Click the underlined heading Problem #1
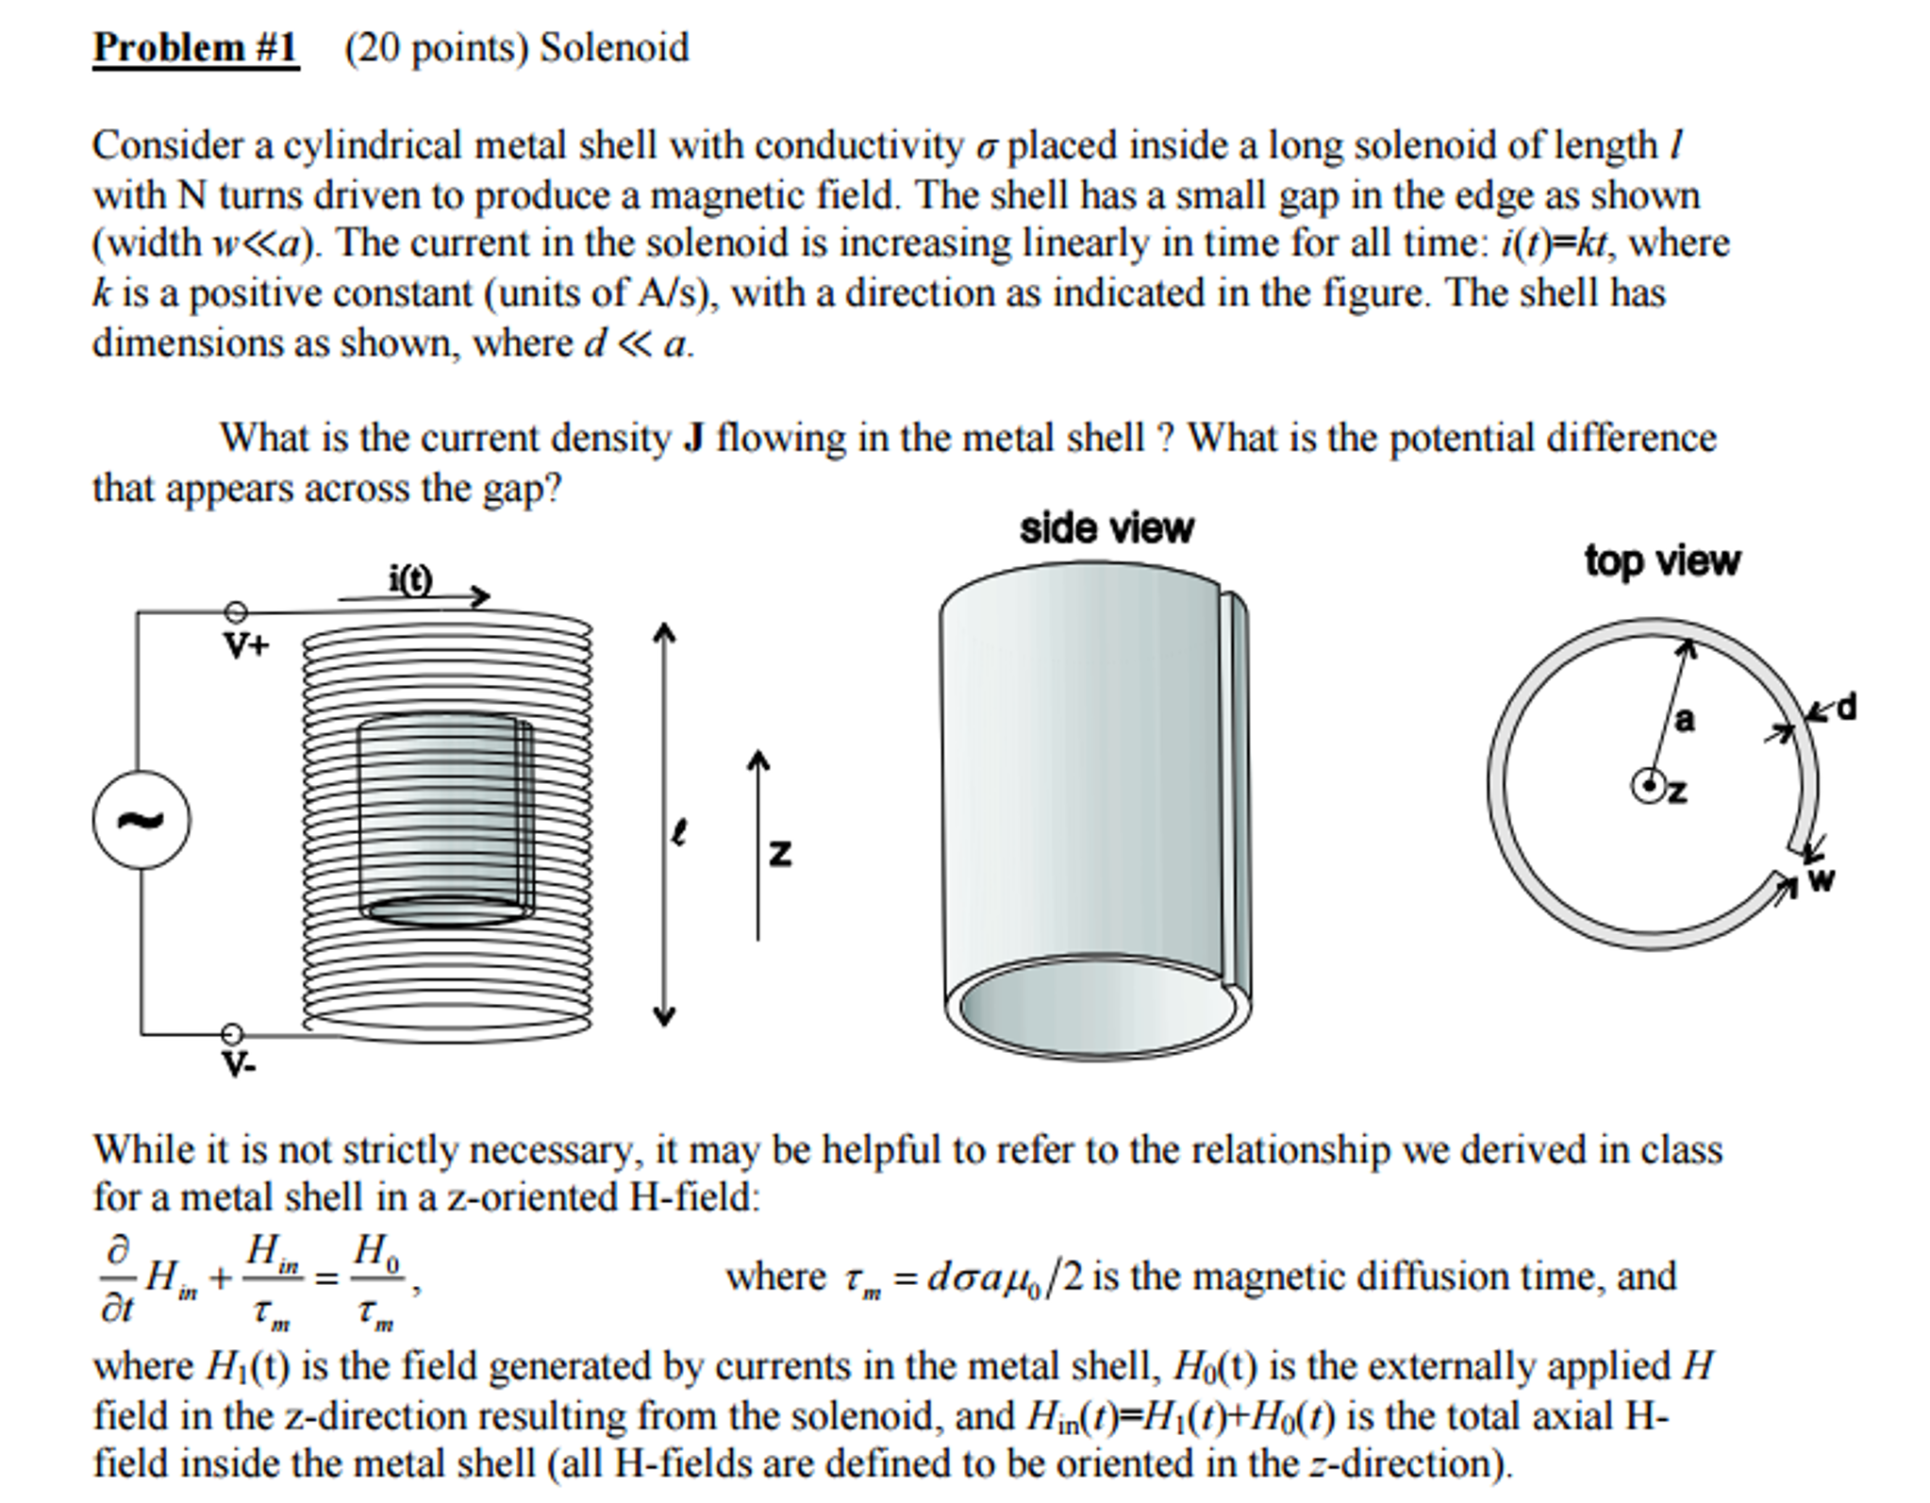(x=195, y=47)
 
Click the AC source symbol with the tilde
(x=141, y=820)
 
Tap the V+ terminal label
(x=246, y=646)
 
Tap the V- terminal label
(x=238, y=1065)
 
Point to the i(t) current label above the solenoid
(x=410, y=578)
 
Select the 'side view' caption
(x=1106, y=528)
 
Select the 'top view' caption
(x=1662, y=560)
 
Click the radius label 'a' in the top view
(x=1684, y=721)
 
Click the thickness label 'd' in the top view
(x=1846, y=706)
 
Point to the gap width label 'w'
(x=1822, y=880)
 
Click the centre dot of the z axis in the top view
(x=1649, y=785)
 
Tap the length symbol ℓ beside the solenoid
(x=678, y=832)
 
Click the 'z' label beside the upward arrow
(x=779, y=853)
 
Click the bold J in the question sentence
(x=693, y=439)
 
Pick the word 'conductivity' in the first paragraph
(x=858, y=145)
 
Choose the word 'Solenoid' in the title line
(x=614, y=47)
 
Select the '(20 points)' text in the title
(x=436, y=47)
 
